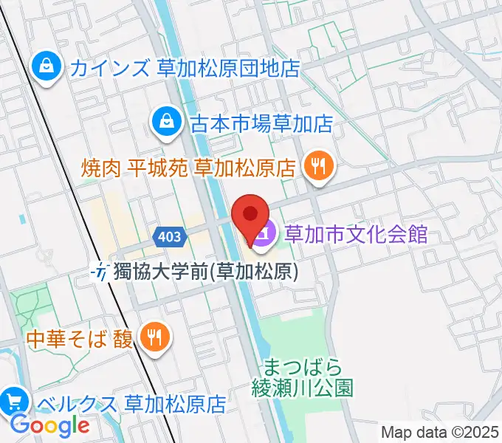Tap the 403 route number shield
[x=169, y=237]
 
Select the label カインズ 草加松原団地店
[x=185, y=69]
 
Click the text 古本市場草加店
[x=262, y=123]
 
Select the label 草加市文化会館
[x=357, y=235]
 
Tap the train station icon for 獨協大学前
[x=101, y=272]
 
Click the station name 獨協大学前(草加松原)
[x=206, y=272]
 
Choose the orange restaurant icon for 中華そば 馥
[x=155, y=337]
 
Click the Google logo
[x=50, y=425]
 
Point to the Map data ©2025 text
[x=440, y=432]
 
